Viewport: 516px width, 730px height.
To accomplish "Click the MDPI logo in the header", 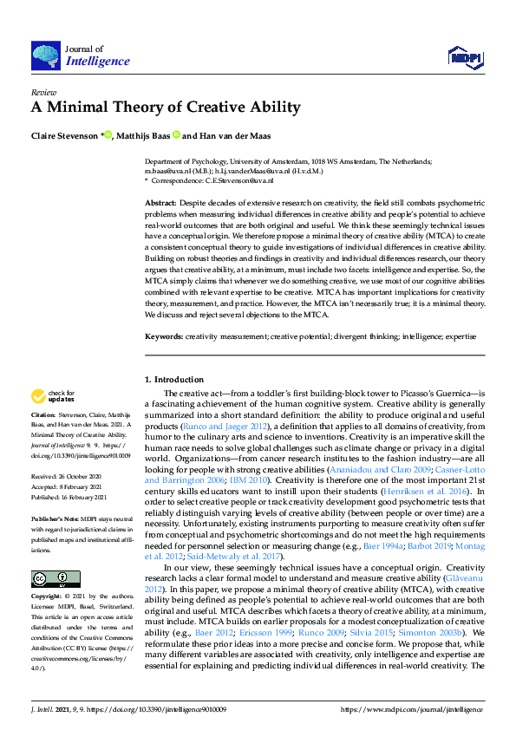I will tap(464, 58).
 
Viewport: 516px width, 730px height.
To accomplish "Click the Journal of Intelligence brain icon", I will tap(45, 55).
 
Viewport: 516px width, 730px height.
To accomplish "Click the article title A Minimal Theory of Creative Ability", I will tap(166, 108).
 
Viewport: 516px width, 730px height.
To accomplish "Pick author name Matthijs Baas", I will tap(144, 135).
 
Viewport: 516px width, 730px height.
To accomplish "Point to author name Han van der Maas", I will tap(234, 135).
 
